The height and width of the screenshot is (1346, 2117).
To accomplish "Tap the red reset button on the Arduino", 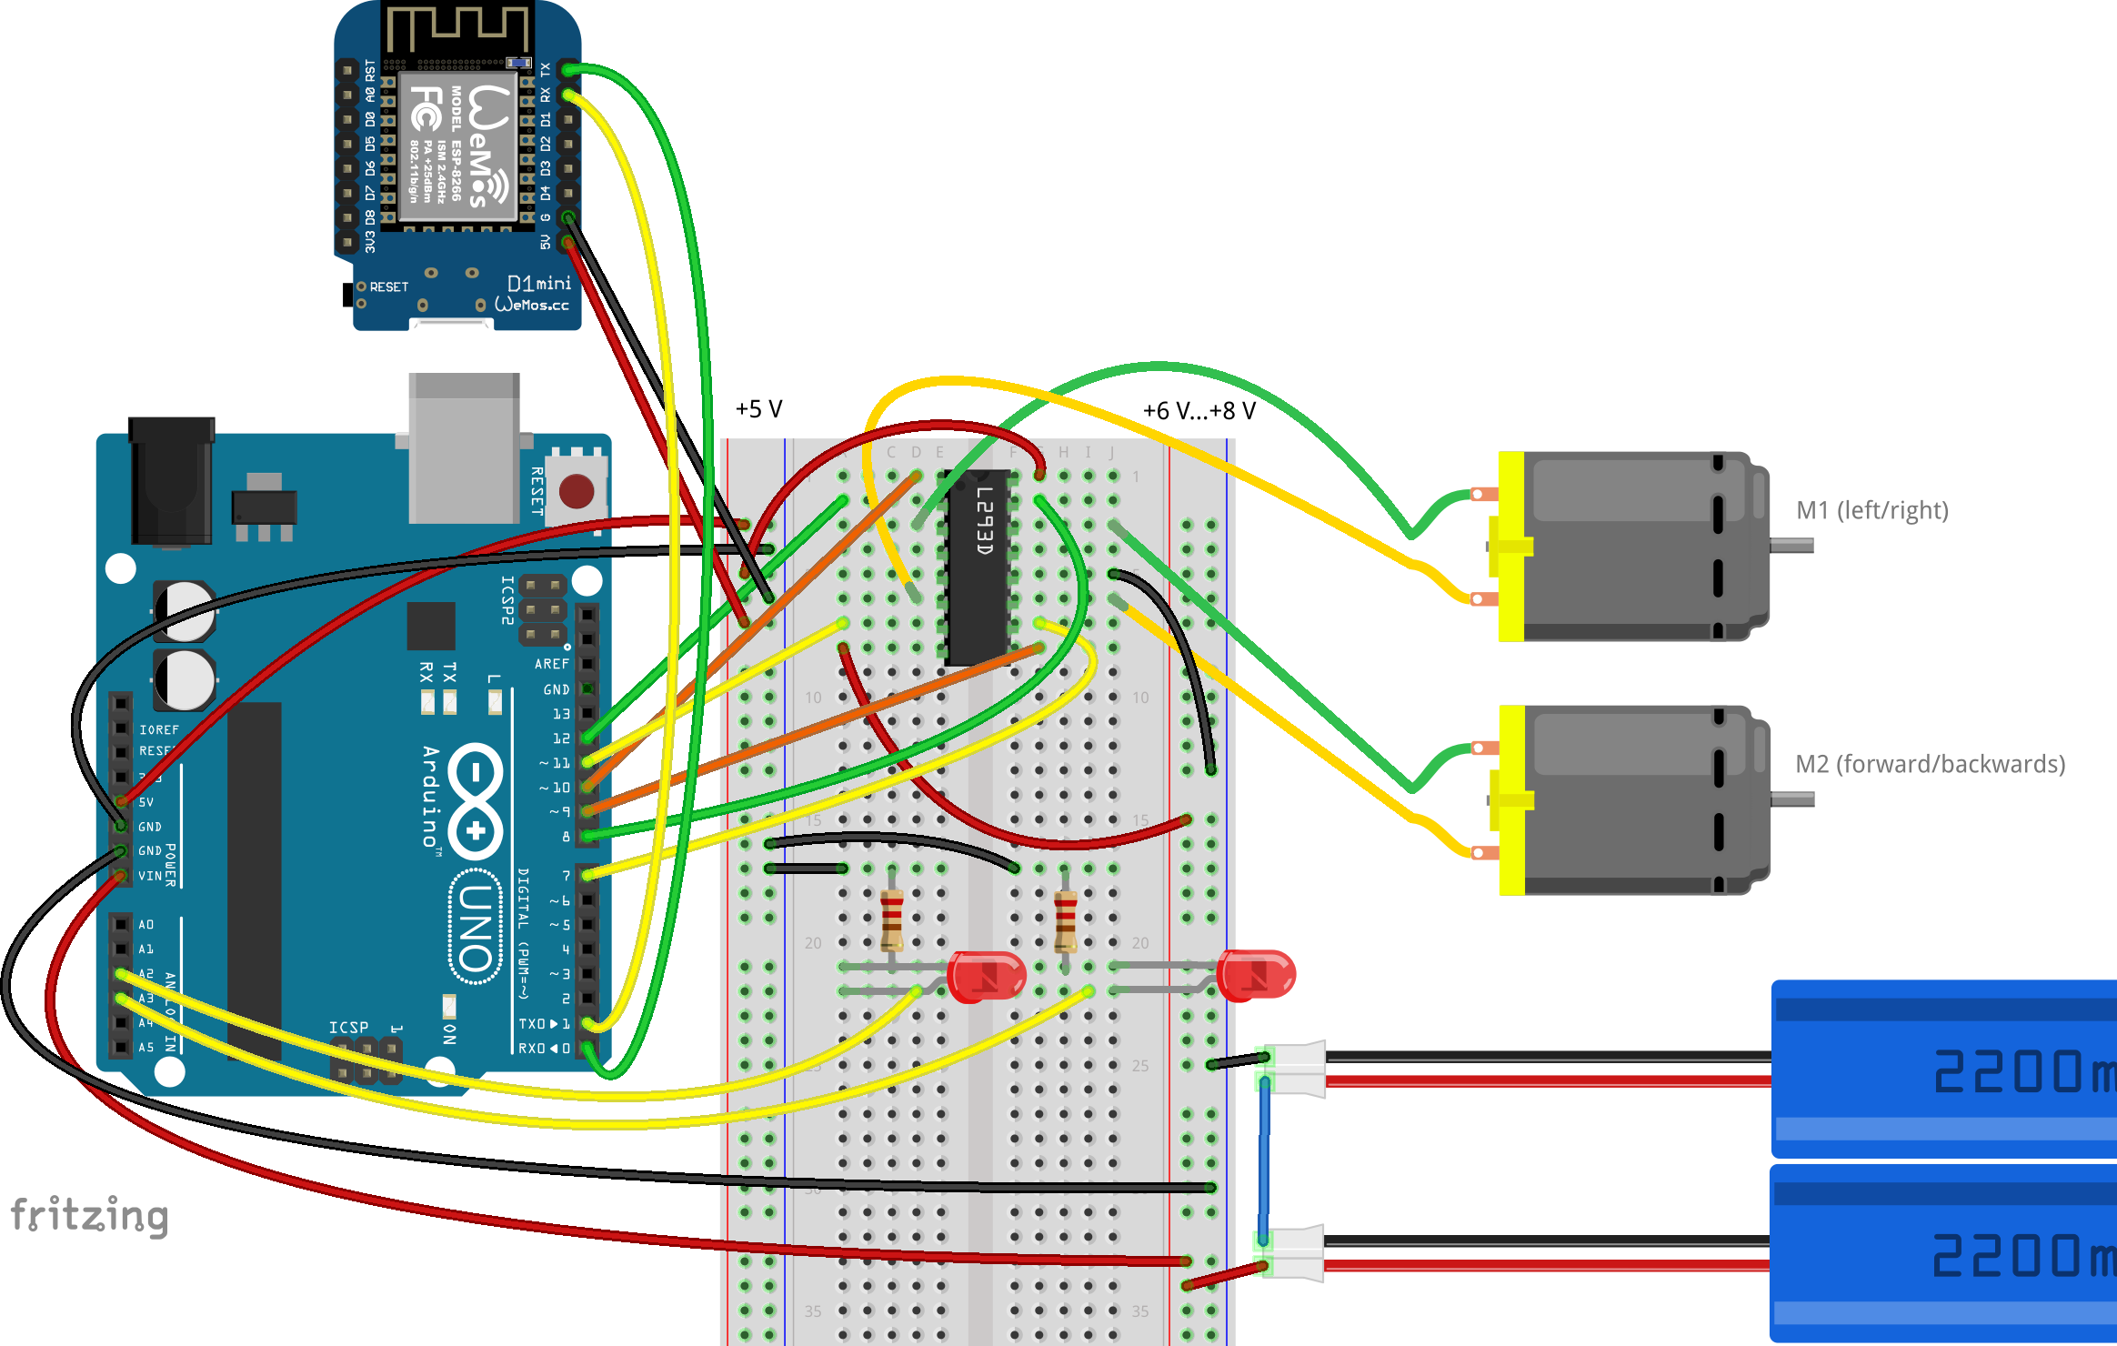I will pos(576,491).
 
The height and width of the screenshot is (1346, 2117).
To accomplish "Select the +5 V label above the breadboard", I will pos(758,409).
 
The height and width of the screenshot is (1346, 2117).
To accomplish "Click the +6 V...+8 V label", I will pos(1199,411).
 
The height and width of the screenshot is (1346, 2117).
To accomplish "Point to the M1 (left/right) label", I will pos(1871,510).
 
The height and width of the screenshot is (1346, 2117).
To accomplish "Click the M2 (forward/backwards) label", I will pos(1930,764).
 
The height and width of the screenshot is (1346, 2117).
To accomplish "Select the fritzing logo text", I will pos(89,1216).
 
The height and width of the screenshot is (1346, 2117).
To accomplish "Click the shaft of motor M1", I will pos(1791,546).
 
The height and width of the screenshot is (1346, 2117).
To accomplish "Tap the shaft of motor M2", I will pos(1791,799).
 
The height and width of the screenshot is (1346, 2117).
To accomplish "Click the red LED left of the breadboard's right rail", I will pos(986,976).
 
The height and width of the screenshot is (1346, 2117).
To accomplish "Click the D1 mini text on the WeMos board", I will pos(538,283).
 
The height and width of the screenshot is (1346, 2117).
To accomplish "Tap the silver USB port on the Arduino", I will pos(464,447).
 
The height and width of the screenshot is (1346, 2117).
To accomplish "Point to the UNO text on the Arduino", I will pos(476,928).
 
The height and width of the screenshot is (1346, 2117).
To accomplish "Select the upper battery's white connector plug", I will pos(1297,1069).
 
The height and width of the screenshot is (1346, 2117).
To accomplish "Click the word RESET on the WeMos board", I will pos(388,287).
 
